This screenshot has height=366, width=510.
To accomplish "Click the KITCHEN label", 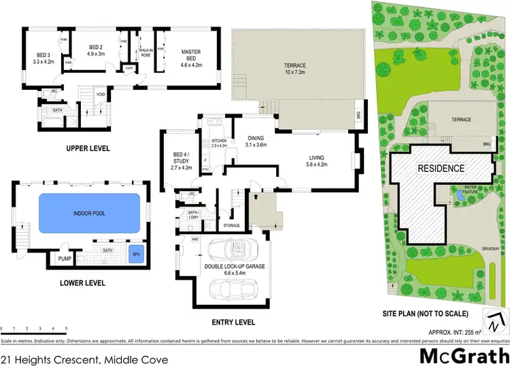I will tap(218, 142).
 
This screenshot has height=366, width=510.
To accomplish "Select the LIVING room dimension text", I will tap(317, 164).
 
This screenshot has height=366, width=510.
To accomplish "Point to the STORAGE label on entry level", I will tap(231, 225).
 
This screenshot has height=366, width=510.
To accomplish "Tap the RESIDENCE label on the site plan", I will tap(441, 168).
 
